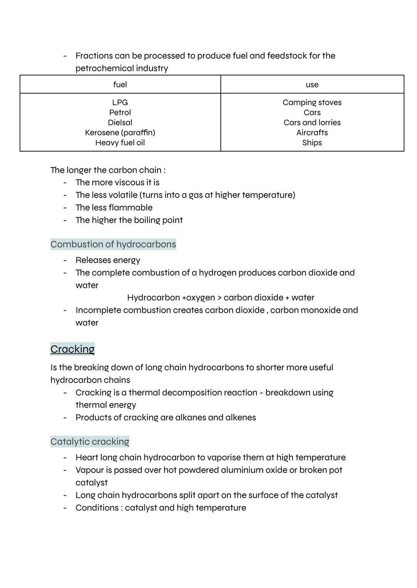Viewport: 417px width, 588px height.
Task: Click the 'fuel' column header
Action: [x=120, y=84]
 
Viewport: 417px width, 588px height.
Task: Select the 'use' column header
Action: [x=312, y=84]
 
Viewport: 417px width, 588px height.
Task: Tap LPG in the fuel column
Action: [x=120, y=103]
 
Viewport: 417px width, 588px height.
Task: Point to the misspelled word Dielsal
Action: [x=120, y=123]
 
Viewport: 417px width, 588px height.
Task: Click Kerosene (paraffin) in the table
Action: [x=120, y=133]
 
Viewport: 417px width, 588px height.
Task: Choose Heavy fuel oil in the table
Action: [x=120, y=143]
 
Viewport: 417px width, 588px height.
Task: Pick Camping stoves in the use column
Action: [x=312, y=103]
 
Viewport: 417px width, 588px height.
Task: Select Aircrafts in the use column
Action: [x=312, y=133]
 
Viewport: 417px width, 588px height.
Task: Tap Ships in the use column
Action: [x=312, y=143]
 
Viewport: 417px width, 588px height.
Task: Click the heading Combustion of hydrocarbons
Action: [x=113, y=244]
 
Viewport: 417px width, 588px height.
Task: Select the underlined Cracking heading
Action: [x=73, y=349]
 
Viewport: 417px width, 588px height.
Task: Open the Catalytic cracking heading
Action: [x=90, y=441]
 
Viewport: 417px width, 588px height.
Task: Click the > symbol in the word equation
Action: [x=219, y=298]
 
